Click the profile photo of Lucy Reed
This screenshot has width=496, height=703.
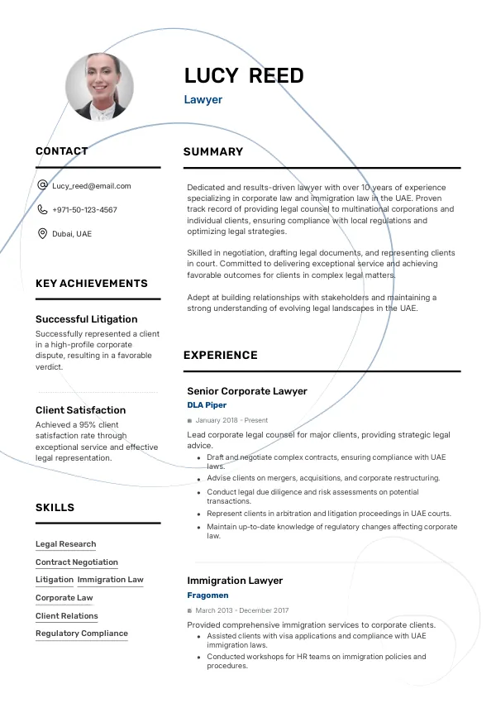99,87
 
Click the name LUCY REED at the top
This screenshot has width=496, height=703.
244,76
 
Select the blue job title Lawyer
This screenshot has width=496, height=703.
203,100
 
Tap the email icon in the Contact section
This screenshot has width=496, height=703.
42,186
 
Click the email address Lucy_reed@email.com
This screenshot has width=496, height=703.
92,186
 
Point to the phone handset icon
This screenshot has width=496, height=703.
42,210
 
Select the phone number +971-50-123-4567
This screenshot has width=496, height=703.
84,210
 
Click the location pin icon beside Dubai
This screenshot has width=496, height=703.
42,234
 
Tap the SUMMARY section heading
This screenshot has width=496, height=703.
213,152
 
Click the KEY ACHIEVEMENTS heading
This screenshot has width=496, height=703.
92,284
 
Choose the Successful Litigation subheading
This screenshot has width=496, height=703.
87,319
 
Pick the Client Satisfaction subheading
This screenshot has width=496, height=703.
81,410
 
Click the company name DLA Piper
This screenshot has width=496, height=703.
207,405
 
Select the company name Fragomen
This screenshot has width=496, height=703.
207,595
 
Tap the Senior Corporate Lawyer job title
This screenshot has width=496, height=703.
247,391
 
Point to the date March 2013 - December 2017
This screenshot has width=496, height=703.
236,610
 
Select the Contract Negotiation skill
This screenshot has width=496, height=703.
77,562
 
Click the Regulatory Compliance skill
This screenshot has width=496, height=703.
82,634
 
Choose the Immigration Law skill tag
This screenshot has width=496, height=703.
111,580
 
